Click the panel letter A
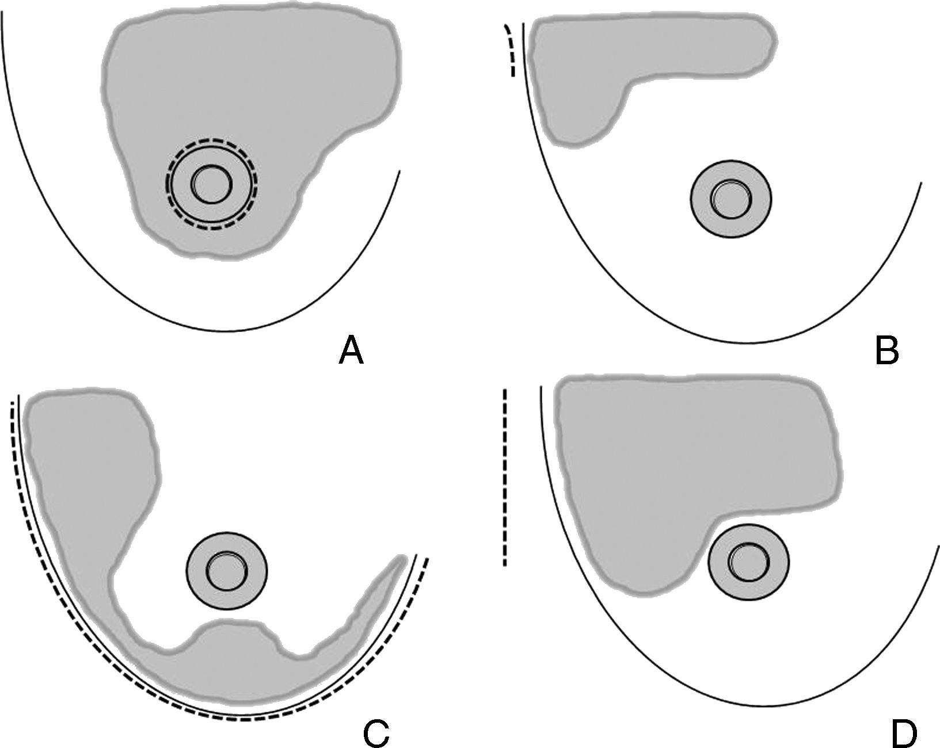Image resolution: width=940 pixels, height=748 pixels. click(x=352, y=350)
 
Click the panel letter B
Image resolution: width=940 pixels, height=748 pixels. click(x=886, y=350)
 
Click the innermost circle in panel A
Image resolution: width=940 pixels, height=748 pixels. click(x=212, y=184)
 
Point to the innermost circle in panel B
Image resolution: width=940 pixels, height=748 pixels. click(x=730, y=199)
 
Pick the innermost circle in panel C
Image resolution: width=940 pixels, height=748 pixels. click(x=226, y=571)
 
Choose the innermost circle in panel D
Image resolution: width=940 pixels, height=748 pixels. click(x=748, y=562)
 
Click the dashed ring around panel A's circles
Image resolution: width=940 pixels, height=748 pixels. click(x=212, y=140)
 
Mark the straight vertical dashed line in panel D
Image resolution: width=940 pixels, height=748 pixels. click(x=505, y=478)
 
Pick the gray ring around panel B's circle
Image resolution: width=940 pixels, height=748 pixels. click(x=701, y=199)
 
